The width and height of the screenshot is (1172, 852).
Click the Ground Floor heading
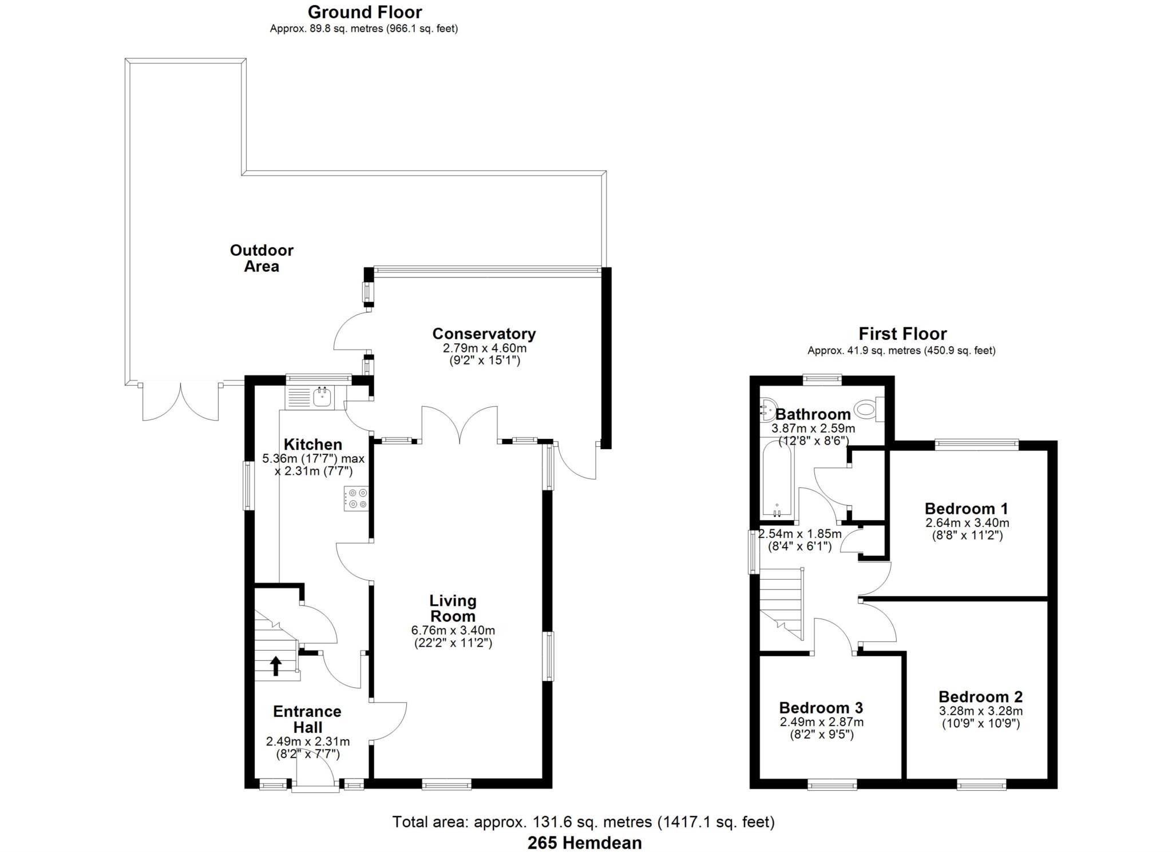tap(365, 12)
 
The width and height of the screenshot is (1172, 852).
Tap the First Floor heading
tap(902, 334)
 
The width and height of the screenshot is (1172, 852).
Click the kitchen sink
tap(322, 397)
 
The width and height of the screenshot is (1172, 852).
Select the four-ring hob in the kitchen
tap(356, 498)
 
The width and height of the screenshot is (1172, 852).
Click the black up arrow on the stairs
tap(275, 666)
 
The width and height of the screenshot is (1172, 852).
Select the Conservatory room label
tap(484, 334)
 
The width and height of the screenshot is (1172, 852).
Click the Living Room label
tap(453, 608)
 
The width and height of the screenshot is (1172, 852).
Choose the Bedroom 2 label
tap(980, 696)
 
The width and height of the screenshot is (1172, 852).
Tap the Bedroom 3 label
tap(821, 708)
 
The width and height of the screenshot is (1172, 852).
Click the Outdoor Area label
tap(262, 258)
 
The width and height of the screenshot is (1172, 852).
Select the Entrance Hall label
tap(307, 719)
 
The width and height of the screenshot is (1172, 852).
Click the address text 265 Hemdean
tap(584, 843)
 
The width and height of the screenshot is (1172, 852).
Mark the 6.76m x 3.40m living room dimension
tap(453, 631)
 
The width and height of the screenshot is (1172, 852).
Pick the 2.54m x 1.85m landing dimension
tap(799, 534)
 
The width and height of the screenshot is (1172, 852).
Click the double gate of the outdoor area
tap(180, 402)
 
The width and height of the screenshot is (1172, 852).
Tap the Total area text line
tap(583, 822)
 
